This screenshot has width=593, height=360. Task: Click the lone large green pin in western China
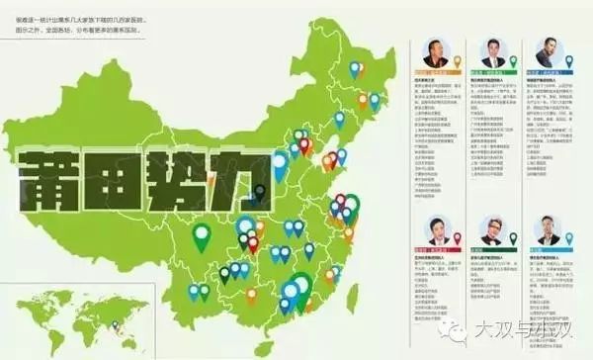point(202,236)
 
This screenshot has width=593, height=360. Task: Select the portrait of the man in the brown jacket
point(437,53)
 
